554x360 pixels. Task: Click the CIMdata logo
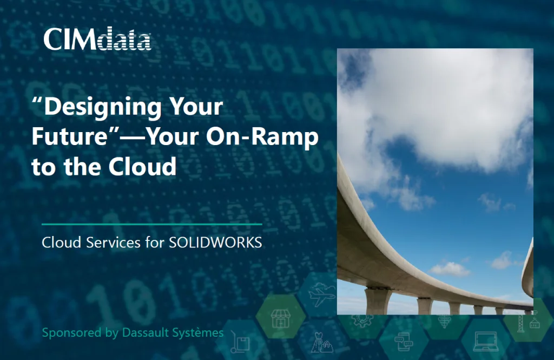(97, 39)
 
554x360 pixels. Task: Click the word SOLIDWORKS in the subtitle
(215, 243)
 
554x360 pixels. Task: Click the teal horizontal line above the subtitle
(151, 224)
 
